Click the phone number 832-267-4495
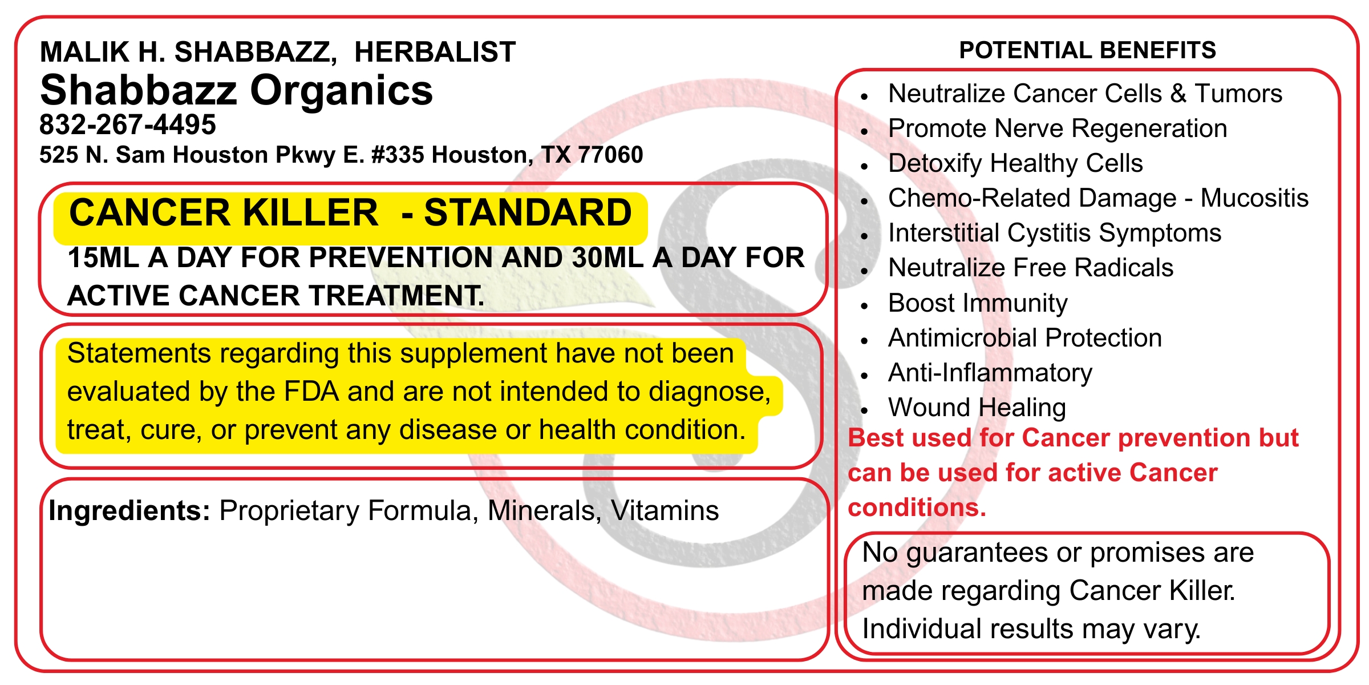[x=128, y=124]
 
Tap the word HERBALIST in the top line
[x=435, y=52]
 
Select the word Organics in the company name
[x=342, y=91]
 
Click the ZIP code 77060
[x=610, y=155]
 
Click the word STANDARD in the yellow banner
[x=528, y=212]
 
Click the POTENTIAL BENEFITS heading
[x=1088, y=50]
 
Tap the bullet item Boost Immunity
[x=978, y=303]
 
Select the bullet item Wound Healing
[x=977, y=408]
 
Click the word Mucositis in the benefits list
[x=1254, y=198]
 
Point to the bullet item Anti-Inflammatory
[x=990, y=373]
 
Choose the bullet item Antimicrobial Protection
[x=1025, y=338]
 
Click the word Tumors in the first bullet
[x=1238, y=93]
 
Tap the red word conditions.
[x=917, y=507]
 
